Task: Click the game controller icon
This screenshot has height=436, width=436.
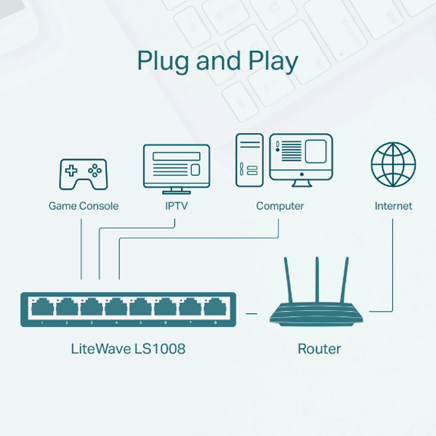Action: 83,174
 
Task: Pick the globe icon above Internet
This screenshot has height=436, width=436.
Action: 393,164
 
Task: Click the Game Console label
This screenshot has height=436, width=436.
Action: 84,206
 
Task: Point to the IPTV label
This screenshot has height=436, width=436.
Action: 177,206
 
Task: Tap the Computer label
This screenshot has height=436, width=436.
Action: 280,206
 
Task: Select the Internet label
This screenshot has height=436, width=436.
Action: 393,206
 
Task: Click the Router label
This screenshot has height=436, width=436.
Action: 319,349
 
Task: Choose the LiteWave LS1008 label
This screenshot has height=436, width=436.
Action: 128,349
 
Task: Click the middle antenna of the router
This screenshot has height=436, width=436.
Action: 318,280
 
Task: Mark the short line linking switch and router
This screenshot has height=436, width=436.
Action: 252,313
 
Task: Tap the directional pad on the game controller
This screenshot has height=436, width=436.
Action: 71,171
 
